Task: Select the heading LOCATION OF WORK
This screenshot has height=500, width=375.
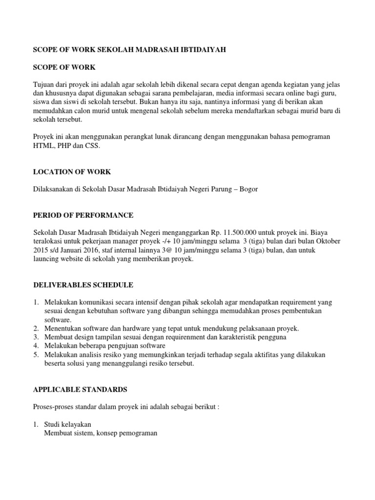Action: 72,172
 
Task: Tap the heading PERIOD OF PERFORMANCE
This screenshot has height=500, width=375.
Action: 83,215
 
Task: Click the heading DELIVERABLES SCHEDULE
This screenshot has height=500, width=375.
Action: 83,285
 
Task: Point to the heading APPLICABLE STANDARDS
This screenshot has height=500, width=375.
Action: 80,389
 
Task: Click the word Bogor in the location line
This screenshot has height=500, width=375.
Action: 246,189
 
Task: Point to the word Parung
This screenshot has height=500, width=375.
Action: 214,189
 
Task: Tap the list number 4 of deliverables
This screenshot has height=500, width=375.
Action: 36,346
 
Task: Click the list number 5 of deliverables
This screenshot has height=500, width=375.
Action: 36,354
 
